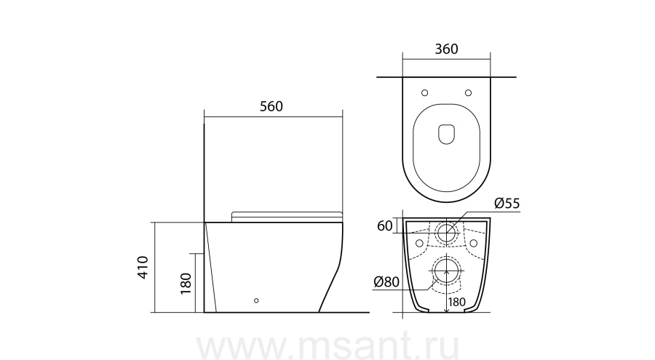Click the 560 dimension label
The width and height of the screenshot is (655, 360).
click(x=271, y=106)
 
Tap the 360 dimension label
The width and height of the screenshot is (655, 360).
click(x=447, y=49)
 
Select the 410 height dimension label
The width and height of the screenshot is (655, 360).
click(x=143, y=268)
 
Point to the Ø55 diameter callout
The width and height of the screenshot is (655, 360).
click(x=507, y=204)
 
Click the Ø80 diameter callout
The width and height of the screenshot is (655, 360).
click(x=387, y=282)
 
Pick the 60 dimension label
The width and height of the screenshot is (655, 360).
click(x=385, y=226)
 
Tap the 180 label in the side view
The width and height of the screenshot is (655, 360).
click(x=186, y=284)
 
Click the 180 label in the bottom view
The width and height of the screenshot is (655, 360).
click(x=456, y=302)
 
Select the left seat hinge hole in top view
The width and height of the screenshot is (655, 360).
click(x=425, y=92)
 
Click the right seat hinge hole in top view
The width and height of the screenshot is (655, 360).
click(x=468, y=92)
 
